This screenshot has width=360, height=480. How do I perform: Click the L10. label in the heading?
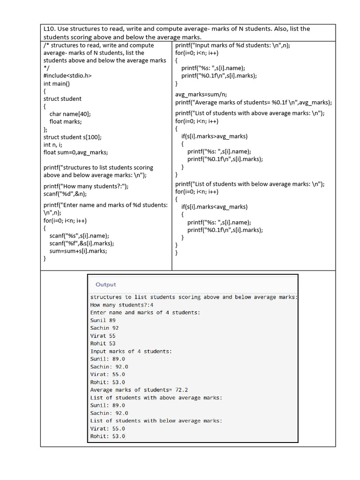50,29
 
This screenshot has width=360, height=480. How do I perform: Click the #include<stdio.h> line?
67,76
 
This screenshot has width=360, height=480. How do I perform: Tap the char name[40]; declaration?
70,114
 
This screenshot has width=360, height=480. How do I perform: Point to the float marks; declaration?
66,121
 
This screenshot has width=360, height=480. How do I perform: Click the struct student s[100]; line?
73,137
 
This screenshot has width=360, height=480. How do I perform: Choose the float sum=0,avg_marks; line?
75,152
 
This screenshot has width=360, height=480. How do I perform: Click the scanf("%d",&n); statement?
65,194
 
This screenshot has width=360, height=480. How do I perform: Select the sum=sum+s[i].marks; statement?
78,251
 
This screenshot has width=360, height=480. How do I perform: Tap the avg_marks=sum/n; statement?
201,94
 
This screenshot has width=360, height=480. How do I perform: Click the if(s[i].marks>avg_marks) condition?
214,136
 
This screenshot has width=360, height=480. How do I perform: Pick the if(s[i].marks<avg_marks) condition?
214,207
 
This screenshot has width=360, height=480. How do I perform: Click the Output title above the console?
105,285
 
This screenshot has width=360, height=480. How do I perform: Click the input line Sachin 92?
104,328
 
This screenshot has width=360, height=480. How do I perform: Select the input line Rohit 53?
103,344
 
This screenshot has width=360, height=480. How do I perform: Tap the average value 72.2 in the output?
181,390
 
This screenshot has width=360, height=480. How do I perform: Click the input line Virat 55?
103,336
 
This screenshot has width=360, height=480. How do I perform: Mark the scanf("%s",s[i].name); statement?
79,236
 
